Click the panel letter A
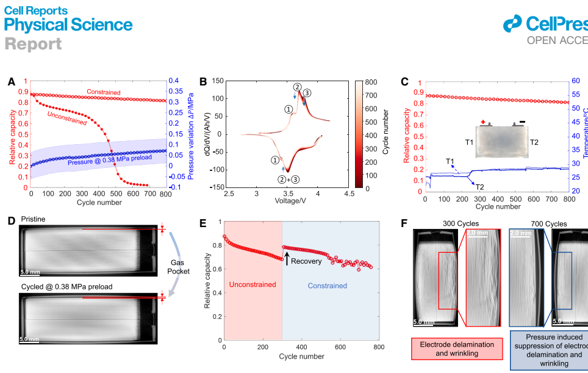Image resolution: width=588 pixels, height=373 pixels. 12,82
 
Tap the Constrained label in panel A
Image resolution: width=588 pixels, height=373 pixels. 104,93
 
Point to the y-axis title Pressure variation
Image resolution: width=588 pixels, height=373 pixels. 190,132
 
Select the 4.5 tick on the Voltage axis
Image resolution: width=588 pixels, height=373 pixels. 348,194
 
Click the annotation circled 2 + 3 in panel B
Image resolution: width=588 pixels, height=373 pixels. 288,179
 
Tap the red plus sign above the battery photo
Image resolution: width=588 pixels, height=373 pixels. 483,122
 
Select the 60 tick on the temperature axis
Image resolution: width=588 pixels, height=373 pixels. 575,81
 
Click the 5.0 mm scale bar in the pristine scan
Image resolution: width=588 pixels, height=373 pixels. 30,270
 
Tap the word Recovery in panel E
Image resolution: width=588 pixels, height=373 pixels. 306,261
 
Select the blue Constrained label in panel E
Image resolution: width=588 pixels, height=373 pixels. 327,286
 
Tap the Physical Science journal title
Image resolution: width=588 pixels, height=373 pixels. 68,25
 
